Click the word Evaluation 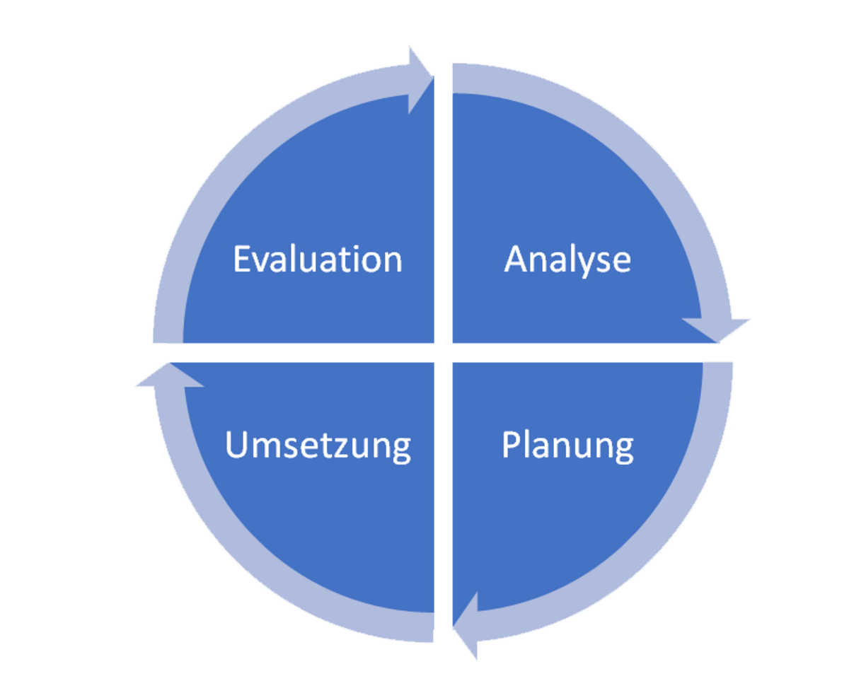pos(318,259)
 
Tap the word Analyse pos(567,260)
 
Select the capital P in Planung pos(511,444)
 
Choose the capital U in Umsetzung pos(236,444)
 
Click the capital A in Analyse pos(516,259)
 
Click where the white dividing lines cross pos(444,353)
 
